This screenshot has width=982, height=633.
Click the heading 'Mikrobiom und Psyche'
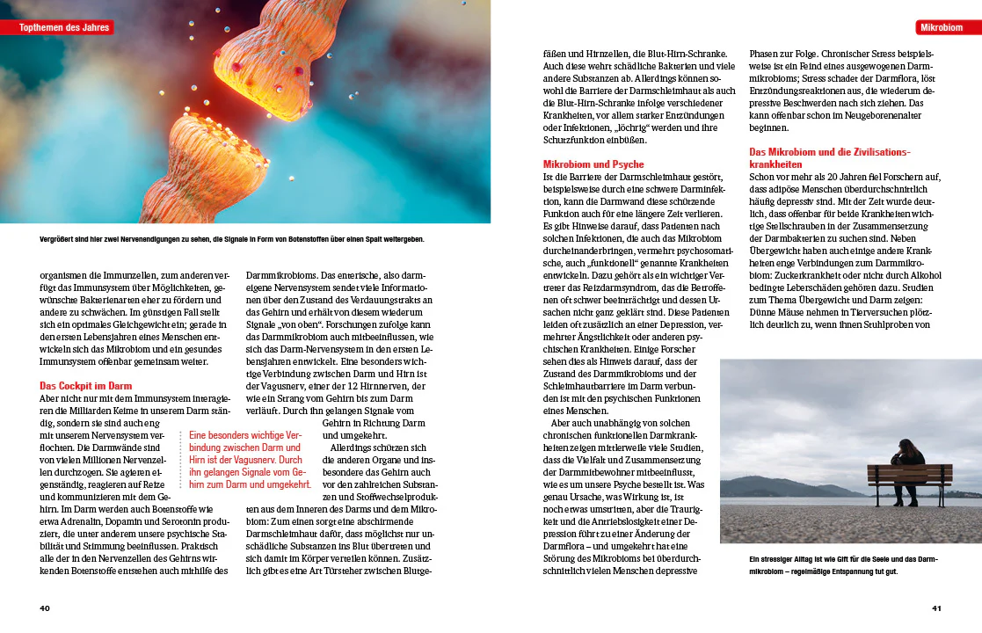click(x=593, y=164)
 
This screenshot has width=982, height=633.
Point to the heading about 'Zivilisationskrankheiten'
click(x=829, y=157)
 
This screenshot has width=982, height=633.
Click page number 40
click(x=45, y=608)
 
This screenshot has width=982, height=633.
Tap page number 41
click(x=936, y=608)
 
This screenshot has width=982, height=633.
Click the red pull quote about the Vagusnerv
click(x=250, y=460)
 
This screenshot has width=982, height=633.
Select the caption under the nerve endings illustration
click(x=232, y=239)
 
